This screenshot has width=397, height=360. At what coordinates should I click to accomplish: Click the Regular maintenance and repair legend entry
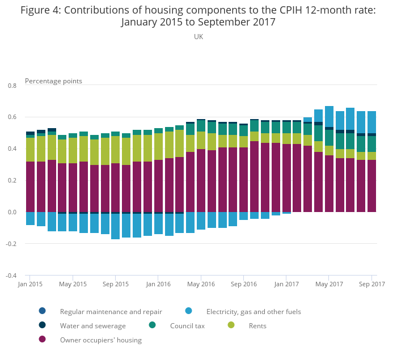tap(111, 311)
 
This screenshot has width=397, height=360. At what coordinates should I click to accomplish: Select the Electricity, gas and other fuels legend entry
tap(254, 311)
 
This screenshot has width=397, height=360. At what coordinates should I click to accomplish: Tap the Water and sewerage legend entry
tap(92, 326)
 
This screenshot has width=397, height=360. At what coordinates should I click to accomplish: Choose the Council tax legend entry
tap(187, 326)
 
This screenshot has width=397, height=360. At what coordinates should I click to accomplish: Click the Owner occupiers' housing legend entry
tap(100, 340)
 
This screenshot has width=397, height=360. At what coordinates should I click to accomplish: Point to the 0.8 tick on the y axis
tap(12, 85)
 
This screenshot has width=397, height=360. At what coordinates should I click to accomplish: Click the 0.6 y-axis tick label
tap(12, 117)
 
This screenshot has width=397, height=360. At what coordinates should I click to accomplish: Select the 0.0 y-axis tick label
tap(12, 212)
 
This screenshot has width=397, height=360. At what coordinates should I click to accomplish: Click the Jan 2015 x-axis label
tap(31, 284)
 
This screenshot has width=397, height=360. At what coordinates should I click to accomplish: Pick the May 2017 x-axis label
tap(329, 284)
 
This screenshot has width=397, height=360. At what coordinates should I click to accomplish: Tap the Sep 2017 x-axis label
tap(371, 284)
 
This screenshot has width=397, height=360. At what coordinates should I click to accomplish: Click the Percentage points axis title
tap(53, 81)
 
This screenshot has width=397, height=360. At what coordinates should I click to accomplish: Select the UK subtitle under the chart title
tap(198, 37)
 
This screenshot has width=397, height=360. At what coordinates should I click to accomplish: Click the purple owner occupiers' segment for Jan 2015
tap(31, 187)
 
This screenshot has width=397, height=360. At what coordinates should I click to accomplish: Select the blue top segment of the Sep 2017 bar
tap(371, 122)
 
